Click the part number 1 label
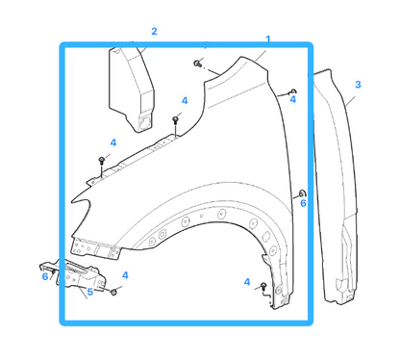click(268, 39)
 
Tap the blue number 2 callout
click(154, 32)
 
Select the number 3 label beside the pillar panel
click(358, 85)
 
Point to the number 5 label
click(90, 292)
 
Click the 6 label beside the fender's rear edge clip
click(303, 203)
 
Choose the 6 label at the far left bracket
click(45, 276)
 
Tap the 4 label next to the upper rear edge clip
click(293, 100)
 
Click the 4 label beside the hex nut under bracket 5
click(125, 275)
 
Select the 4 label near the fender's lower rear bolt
click(247, 282)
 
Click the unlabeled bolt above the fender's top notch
click(198, 63)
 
